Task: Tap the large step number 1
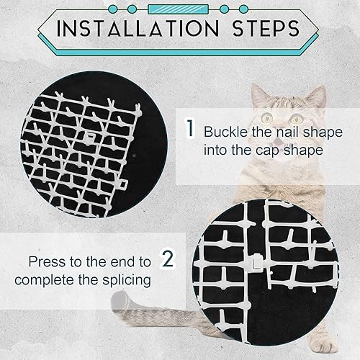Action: pos(189,130)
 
